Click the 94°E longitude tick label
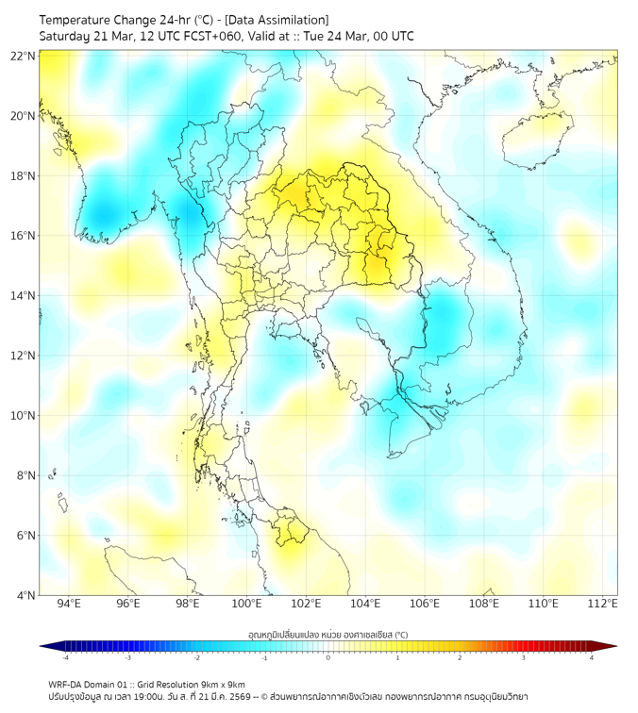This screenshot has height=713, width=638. pos(69,604)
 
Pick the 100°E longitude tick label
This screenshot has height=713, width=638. pos(246,604)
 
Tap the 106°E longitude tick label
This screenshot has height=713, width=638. pos(425,604)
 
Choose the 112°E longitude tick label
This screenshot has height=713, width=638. pos(602,604)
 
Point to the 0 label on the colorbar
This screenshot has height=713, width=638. pos(328,657)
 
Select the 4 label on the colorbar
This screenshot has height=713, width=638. pos(591,657)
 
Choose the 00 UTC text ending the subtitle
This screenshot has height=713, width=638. pos(388,36)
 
